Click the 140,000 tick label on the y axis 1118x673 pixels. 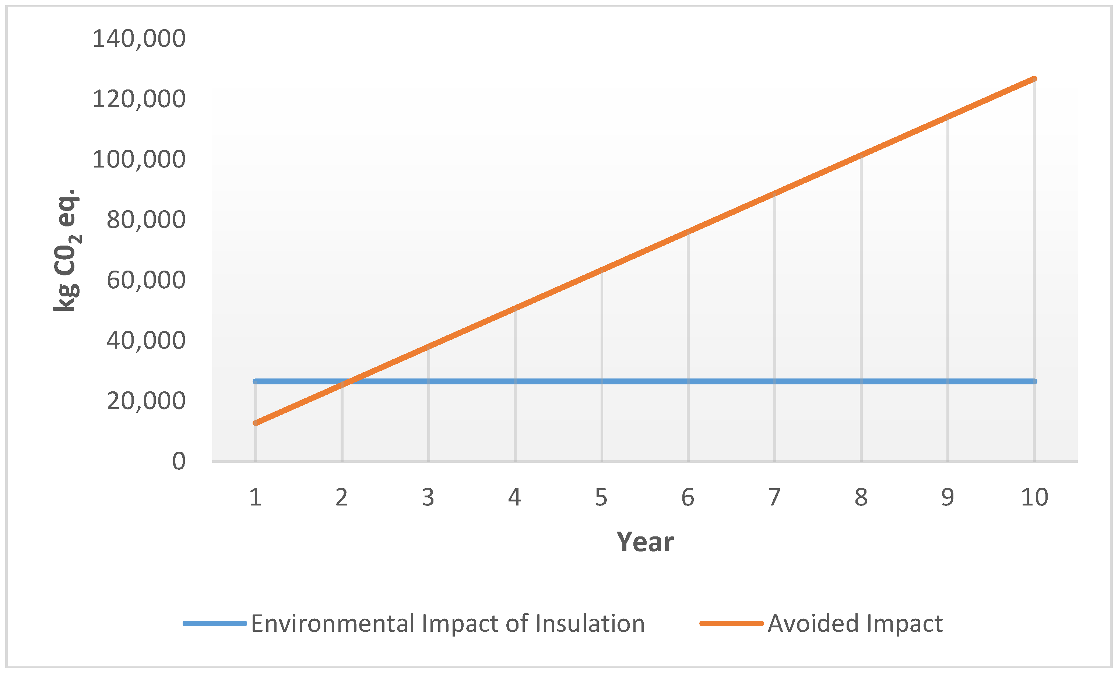point(139,39)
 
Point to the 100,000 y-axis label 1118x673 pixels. point(139,160)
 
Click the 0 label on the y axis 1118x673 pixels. point(179,462)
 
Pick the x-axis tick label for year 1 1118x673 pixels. point(255,497)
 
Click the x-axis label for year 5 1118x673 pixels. point(601,497)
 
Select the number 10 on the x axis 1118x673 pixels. point(1034,497)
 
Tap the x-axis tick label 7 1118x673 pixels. point(774,497)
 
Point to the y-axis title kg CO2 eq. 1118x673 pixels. point(67,249)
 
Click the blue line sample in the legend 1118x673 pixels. point(215,624)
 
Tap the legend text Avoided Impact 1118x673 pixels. point(855,624)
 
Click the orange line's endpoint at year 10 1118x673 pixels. point(1034,79)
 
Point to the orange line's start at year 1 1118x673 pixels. point(255,423)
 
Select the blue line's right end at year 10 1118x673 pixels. point(1034,381)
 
